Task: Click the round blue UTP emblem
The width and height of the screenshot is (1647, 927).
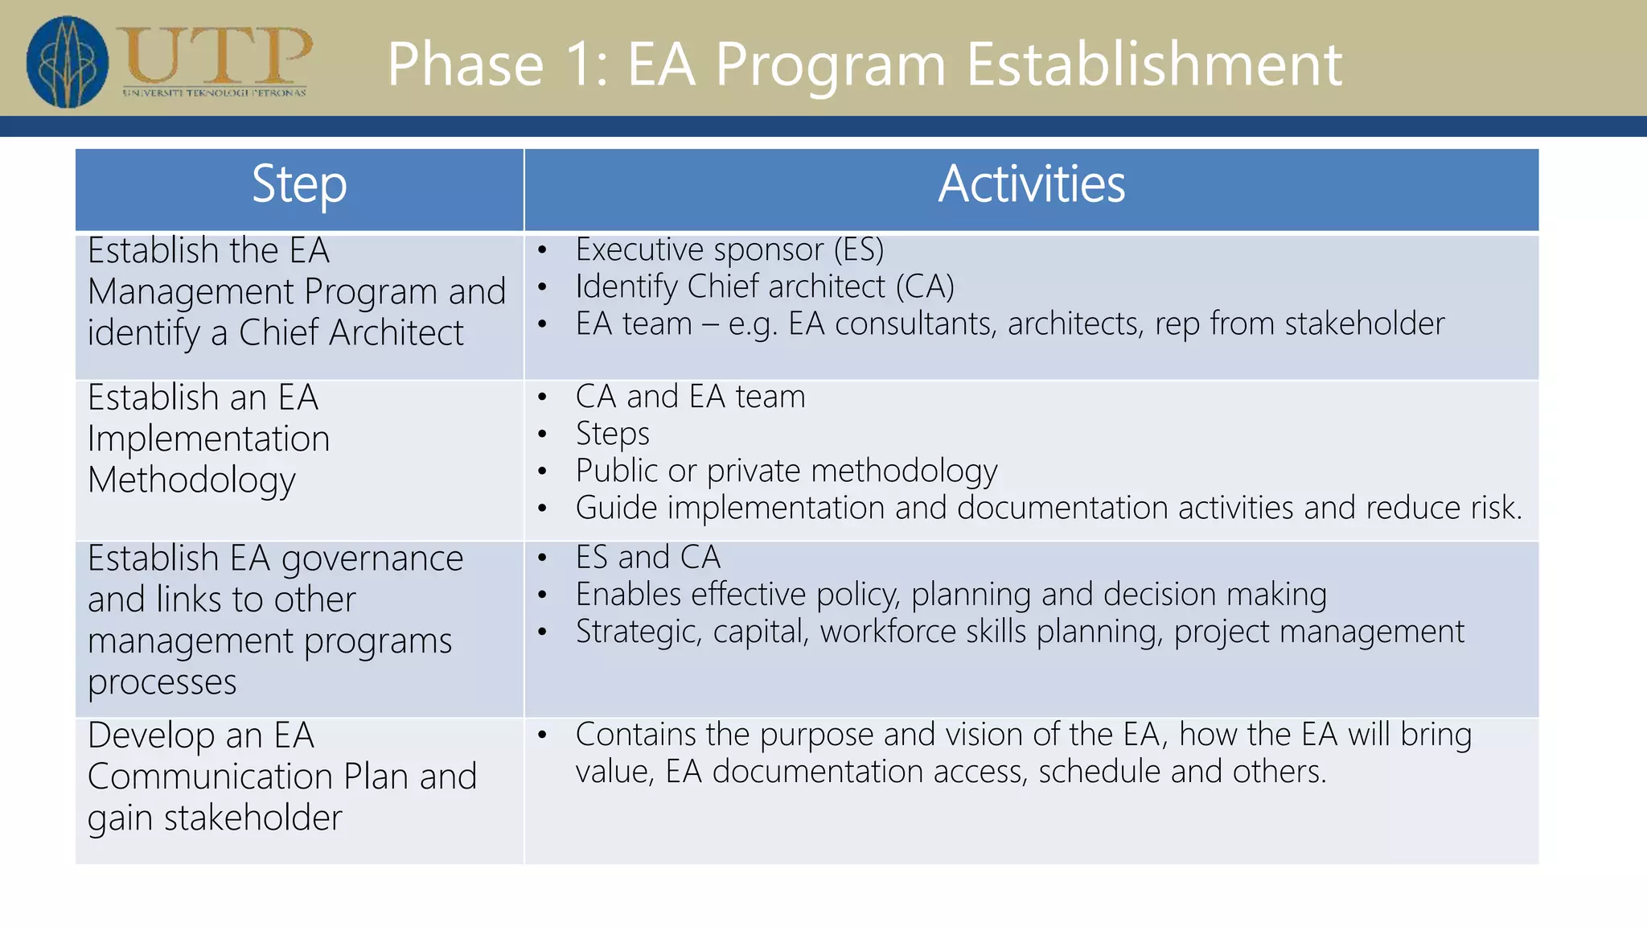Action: [68, 61]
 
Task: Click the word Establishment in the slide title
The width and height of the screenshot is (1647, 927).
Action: [1153, 64]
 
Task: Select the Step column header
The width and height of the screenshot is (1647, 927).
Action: [299, 185]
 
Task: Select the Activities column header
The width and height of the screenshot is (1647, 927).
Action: [1031, 185]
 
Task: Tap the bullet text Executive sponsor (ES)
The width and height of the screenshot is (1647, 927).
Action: [729, 249]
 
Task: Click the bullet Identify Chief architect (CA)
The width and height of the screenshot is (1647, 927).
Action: [765, 286]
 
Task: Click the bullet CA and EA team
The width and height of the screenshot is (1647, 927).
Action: [690, 397]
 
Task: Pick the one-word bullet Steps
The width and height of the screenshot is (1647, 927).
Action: [612, 434]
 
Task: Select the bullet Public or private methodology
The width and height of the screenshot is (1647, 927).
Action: [786, 471]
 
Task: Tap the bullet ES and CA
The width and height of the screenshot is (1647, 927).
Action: [647, 557]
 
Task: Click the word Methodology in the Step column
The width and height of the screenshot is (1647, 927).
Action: [191, 480]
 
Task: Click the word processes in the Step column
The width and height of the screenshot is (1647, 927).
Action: [162, 682]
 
